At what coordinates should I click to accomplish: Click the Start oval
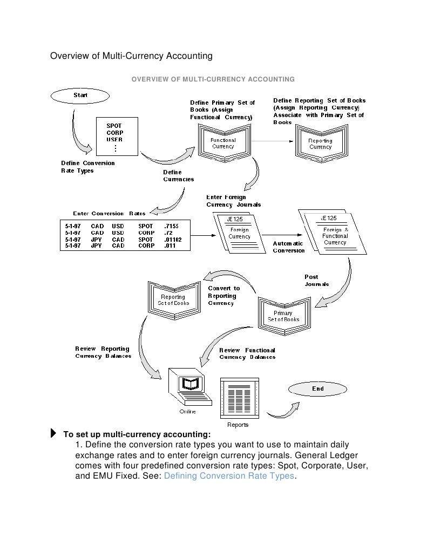coord(80,96)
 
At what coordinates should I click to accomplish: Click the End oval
coord(318,389)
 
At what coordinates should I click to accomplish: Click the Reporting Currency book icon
coord(321,144)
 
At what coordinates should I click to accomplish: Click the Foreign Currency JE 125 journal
coord(239,233)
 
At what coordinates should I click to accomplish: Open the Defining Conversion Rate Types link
coord(229,475)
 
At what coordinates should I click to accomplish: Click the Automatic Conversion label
coord(288,247)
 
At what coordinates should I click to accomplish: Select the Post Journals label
coord(316,281)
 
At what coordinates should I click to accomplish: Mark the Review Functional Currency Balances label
coord(247,353)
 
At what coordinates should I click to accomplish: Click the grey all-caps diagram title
coord(213,79)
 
